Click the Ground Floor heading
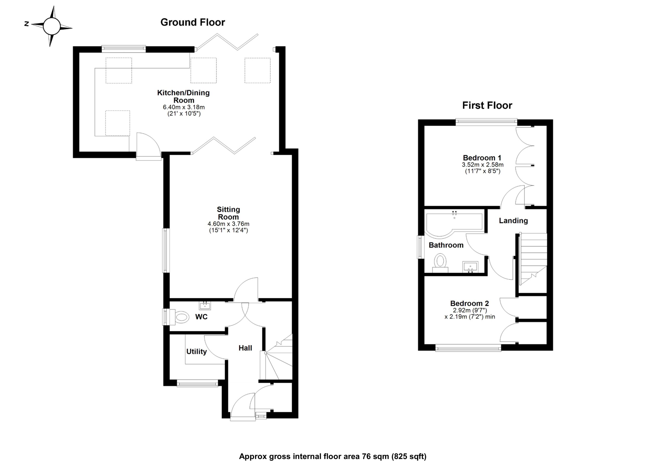[x=193, y=22]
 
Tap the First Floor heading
[x=487, y=105]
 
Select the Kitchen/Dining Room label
[x=183, y=96]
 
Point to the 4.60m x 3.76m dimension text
[x=228, y=224]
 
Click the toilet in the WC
[x=181, y=317]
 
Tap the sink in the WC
[x=205, y=306]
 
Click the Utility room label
[x=196, y=352]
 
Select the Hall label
[x=245, y=348]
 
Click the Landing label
[x=513, y=221]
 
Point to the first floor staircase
[x=533, y=259]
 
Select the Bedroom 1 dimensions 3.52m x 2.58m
[x=483, y=165]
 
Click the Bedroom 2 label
[x=469, y=304]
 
